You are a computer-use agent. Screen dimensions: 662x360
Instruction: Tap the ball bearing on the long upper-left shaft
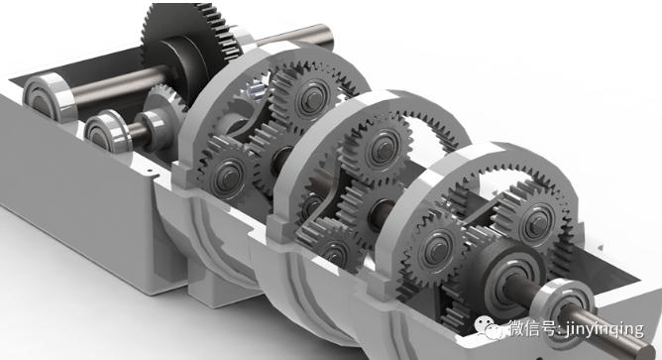coord(48,96)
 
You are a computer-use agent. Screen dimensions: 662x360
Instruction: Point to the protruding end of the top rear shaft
coord(325,36)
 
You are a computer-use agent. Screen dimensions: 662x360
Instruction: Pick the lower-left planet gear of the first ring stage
coord(225,175)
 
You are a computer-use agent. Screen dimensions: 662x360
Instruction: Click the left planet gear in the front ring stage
coord(435,249)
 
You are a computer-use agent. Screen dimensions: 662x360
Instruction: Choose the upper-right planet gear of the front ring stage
coord(535,223)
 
